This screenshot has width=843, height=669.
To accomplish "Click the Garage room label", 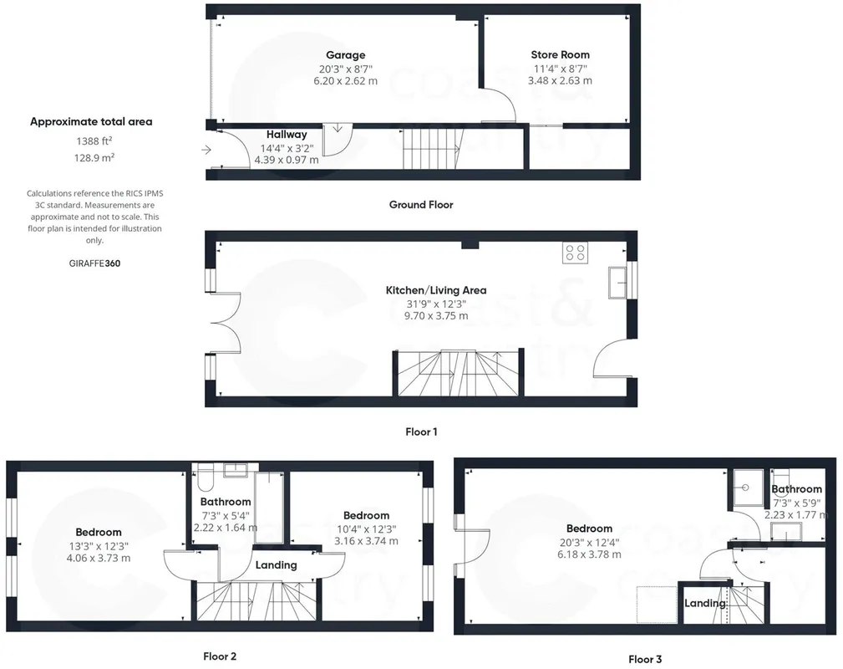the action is (346, 55).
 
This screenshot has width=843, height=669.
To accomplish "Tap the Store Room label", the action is (561, 54).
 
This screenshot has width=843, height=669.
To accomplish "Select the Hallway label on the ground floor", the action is (287, 135).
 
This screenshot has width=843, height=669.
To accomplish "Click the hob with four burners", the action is (576, 253).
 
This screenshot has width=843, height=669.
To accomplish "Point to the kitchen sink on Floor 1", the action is (617, 282).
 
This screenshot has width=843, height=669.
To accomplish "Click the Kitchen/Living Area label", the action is (436, 290).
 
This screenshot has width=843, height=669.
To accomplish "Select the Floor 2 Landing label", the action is (276, 565).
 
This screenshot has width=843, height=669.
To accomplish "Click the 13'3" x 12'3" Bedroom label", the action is (99, 533).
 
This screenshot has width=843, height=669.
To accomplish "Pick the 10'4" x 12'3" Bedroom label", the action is (367, 516).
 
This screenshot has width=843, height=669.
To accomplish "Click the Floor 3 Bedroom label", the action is (589, 529).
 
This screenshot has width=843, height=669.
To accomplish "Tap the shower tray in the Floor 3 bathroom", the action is (745, 488).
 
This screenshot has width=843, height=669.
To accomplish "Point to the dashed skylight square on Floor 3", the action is (657, 605).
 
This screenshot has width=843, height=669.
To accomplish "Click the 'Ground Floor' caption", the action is (421, 205).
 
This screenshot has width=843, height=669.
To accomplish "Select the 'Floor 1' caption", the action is (421, 432).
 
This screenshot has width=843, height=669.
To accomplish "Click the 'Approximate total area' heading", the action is (91, 121).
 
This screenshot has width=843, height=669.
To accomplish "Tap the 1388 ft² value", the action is (94, 141).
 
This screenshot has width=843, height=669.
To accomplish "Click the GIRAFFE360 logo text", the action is (94, 263).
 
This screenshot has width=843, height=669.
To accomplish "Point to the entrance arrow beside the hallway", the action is (206, 150).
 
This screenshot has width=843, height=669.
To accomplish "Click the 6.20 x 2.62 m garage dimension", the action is (346, 81).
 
